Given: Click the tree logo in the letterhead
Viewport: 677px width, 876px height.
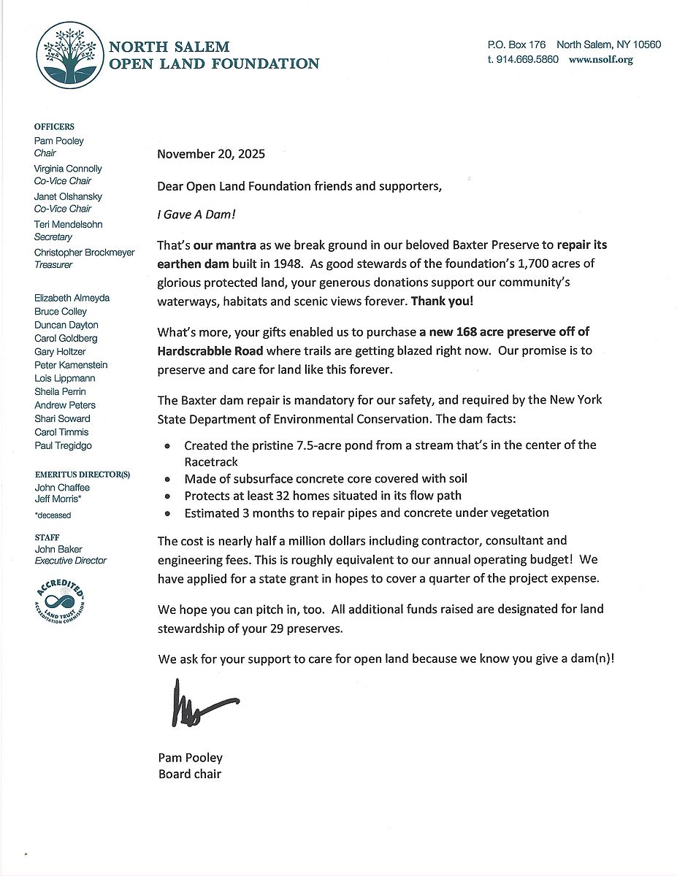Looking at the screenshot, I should [72, 54].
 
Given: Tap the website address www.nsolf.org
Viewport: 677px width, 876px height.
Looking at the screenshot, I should [600, 60].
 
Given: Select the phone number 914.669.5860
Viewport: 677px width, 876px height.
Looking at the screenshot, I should [527, 60].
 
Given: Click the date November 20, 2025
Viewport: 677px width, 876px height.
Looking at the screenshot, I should [211, 154].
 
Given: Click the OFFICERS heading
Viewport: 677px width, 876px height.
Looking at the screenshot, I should [54, 127].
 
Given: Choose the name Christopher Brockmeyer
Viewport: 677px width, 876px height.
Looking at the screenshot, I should [84, 252].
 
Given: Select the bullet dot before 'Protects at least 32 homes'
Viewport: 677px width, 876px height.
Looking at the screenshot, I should [169, 496].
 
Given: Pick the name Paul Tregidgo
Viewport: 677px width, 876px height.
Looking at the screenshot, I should [63, 445].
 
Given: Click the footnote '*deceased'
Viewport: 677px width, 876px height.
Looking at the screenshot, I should [53, 515].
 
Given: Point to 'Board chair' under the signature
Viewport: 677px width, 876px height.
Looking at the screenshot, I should [189, 774].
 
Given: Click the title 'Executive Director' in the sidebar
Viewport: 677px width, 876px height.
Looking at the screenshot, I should [70, 561].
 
